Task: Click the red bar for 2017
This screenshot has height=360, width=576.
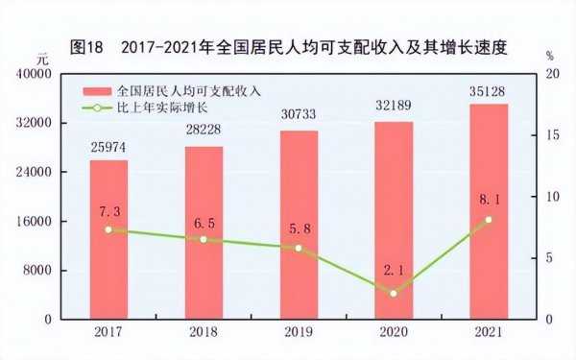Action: [x=108, y=239]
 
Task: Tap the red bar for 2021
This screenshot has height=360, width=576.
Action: [x=489, y=210]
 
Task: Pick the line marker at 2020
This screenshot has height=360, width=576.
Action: [x=394, y=293]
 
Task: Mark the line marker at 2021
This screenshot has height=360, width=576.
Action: [x=489, y=220]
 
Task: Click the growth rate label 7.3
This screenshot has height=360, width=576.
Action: [x=108, y=210]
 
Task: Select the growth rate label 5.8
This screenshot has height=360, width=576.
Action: [x=299, y=228]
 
